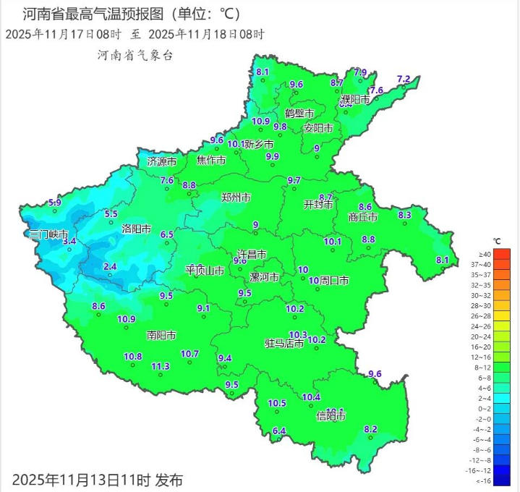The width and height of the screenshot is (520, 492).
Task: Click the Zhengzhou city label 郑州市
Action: click(236, 197)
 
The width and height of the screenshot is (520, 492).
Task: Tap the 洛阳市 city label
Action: click(136, 229)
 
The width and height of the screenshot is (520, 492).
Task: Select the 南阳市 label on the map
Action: click(161, 335)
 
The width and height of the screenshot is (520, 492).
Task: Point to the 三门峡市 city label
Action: click(48, 235)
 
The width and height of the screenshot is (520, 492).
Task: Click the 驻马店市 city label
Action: click(284, 344)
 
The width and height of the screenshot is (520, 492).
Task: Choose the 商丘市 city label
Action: click(363, 216)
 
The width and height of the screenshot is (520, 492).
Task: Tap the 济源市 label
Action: click(161, 161)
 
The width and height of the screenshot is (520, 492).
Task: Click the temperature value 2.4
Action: click(110, 267)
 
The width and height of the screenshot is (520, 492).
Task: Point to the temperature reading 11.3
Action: click(161, 366)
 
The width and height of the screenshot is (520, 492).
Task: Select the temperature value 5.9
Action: click(54, 203)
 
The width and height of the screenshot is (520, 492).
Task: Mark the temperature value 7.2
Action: click(404, 79)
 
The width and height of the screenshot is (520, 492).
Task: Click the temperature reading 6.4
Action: click(279, 431)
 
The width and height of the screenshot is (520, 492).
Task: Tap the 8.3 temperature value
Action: click(404, 215)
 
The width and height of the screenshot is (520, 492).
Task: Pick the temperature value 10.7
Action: click(189, 354)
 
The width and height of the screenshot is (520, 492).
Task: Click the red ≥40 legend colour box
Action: click(503, 254)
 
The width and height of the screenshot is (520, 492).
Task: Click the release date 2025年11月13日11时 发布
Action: click(98, 479)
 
